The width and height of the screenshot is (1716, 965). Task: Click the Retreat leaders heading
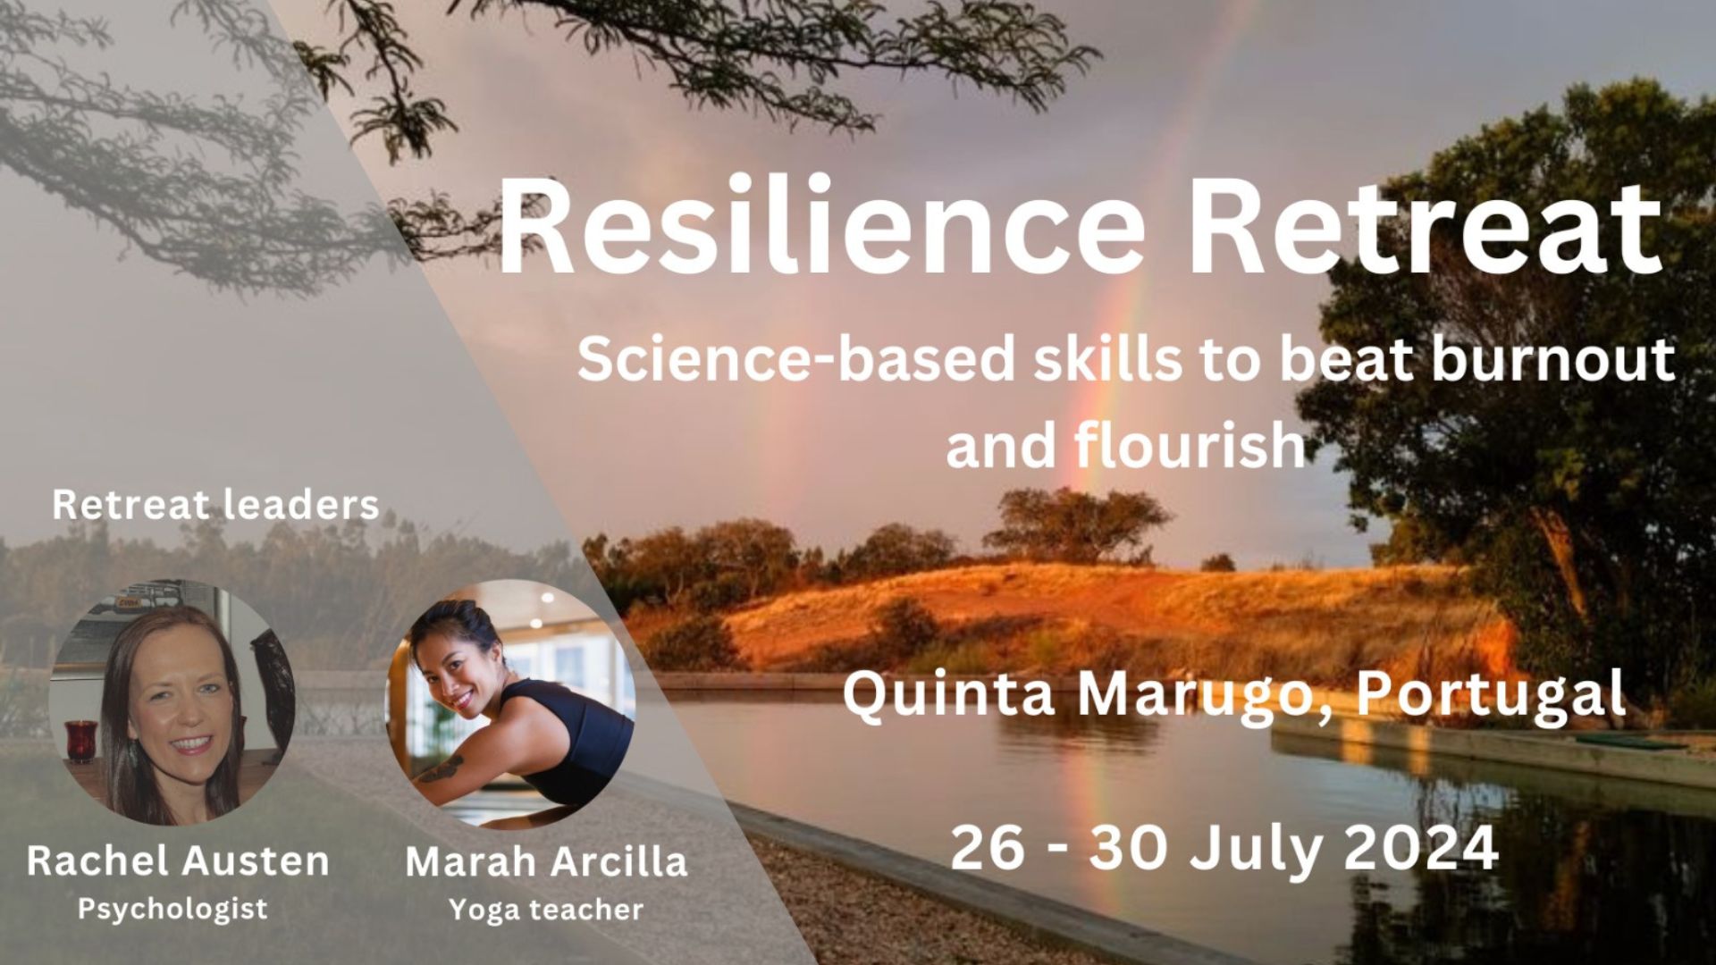pyautogui.click(x=215, y=505)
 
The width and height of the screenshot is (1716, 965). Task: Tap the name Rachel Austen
pyautogui.click(x=178, y=860)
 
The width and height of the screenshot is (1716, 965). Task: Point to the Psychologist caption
pyautogui.click(x=172, y=909)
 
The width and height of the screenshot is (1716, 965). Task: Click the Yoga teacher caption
pyautogui.click(x=546, y=910)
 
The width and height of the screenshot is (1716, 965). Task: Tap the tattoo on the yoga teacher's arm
pyautogui.click(x=445, y=767)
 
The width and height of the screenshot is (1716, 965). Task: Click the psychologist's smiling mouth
pyautogui.click(x=194, y=743)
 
